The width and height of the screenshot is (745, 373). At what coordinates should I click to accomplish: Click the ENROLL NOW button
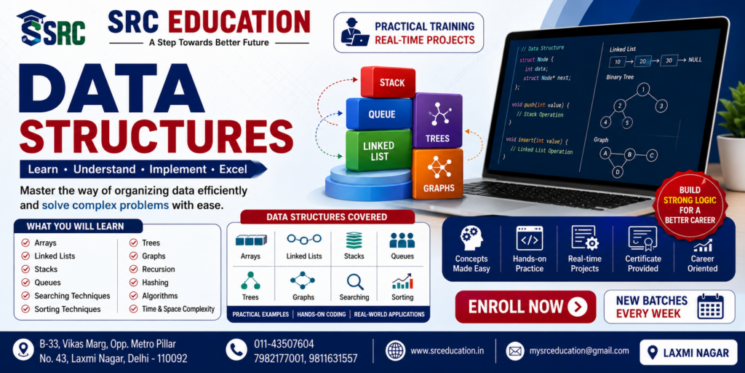(525, 307)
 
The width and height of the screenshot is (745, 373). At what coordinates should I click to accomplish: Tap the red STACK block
(389, 82)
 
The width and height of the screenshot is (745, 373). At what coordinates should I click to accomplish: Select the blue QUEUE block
(379, 114)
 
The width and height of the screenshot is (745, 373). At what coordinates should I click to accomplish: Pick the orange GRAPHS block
(437, 173)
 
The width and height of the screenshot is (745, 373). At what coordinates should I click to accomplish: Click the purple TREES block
(437, 120)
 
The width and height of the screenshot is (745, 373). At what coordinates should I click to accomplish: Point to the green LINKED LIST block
(378, 150)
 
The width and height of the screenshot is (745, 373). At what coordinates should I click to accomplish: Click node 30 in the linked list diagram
(669, 61)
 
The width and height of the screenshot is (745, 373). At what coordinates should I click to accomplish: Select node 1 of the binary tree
(643, 90)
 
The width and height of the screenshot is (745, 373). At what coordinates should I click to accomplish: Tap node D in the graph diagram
(617, 172)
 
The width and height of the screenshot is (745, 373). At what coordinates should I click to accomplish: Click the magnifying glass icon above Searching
(354, 282)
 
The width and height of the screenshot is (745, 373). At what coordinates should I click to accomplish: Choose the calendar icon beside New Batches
(710, 307)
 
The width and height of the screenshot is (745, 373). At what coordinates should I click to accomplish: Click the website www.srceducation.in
(447, 351)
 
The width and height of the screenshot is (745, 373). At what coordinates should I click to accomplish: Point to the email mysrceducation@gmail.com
(579, 351)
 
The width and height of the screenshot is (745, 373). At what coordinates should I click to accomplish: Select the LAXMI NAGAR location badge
(688, 353)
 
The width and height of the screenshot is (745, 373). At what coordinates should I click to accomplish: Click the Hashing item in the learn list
(155, 283)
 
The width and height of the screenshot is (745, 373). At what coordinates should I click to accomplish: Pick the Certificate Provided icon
(643, 238)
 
